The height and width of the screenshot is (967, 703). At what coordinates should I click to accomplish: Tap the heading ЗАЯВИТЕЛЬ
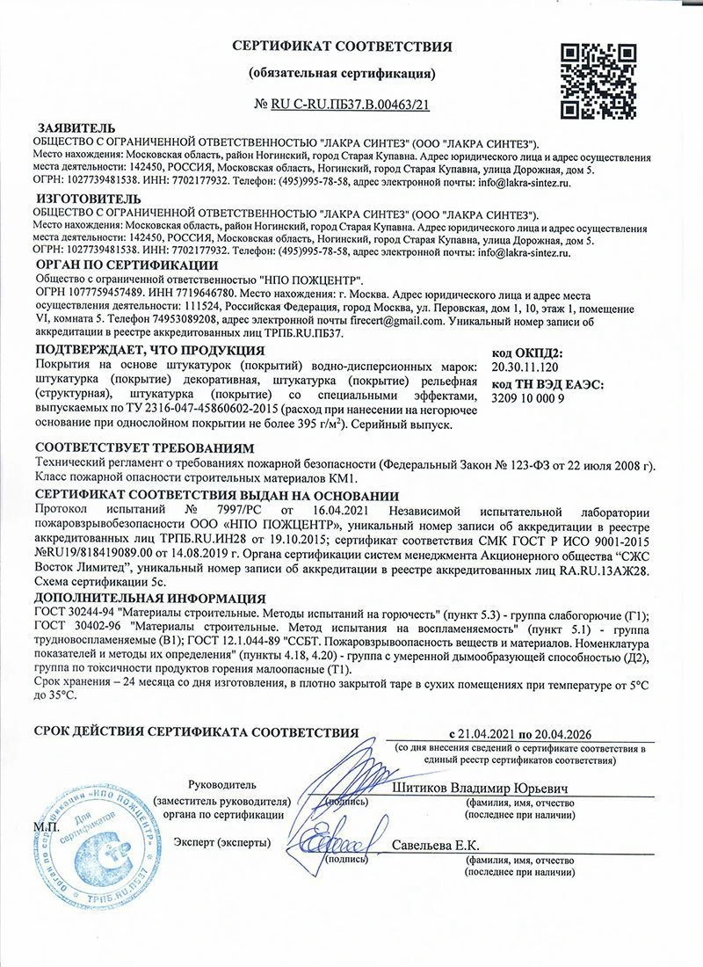74,127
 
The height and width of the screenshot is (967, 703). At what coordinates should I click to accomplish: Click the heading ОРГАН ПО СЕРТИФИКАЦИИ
127,265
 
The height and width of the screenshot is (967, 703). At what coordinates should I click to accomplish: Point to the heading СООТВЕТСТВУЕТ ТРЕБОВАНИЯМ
141,447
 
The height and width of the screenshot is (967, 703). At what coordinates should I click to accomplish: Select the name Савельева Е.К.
436,845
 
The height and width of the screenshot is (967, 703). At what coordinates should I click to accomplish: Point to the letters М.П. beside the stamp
47,828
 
